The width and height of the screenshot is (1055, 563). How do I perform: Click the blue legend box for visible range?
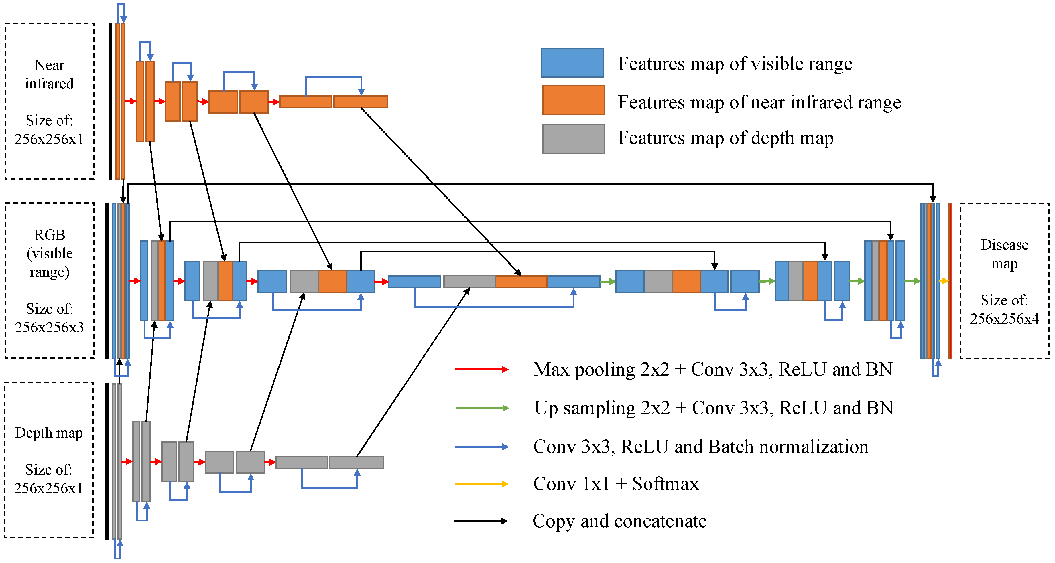pyautogui.click(x=572, y=63)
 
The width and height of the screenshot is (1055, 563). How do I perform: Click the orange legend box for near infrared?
pyautogui.click(x=573, y=100)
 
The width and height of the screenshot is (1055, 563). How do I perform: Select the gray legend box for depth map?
pyautogui.click(x=573, y=139)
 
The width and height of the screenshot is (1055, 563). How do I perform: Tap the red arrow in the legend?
pyautogui.click(x=482, y=369)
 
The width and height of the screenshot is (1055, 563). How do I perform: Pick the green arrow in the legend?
pyautogui.click(x=482, y=408)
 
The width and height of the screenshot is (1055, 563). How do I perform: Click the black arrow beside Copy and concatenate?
pyautogui.click(x=481, y=521)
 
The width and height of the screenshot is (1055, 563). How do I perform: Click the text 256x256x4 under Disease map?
pyautogui.click(x=1004, y=319)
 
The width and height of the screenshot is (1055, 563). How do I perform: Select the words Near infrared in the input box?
pyautogui.click(x=49, y=74)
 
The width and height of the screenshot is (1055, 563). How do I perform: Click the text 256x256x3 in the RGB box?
pyautogui.click(x=49, y=327)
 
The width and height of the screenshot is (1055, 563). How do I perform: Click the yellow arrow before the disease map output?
pyautogui.click(x=944, y=281)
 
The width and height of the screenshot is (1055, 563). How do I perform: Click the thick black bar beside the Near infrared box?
pyautogui.click(x=110, y=101)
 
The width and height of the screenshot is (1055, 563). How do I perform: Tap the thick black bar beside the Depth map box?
pyautogui.click(x=107, y=461)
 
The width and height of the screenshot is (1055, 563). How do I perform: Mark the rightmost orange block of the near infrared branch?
pyautogui.click(x=361, y=102)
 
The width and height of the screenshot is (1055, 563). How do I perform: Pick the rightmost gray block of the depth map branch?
pyautogui.click(x=356, y=462)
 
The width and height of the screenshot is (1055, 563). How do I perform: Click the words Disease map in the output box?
pyautogui.click(x=1004, y=254)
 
